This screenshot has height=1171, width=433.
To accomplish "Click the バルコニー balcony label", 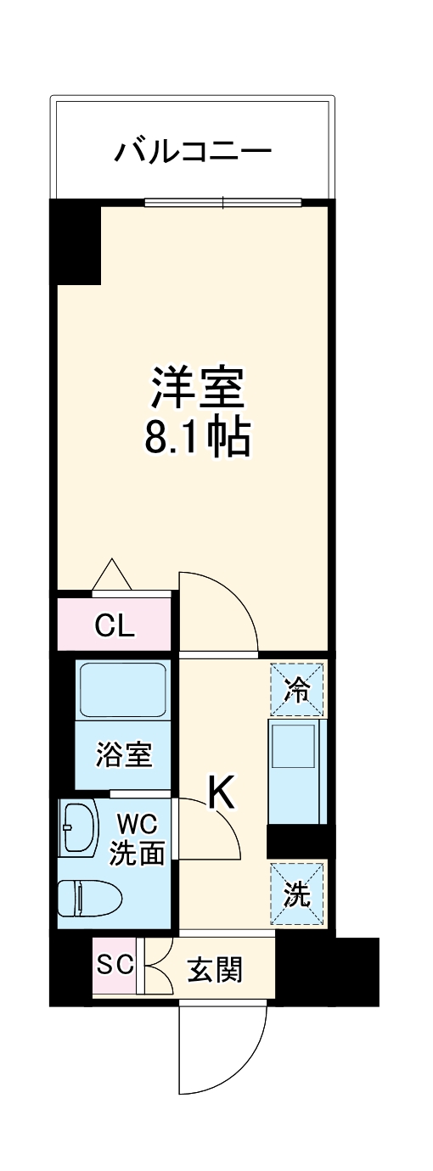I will [194, 153].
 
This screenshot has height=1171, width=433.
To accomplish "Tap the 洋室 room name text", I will [199, 389].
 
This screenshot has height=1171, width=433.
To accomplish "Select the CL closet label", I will [115, 626].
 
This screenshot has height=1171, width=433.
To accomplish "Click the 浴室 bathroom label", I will [125, 754].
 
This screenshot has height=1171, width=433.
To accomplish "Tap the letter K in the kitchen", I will [221, 794].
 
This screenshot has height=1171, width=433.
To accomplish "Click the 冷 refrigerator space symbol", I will [296, 690].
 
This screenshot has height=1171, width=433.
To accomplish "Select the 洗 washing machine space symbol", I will [296, 894].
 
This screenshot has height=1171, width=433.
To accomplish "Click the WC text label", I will [137, 823].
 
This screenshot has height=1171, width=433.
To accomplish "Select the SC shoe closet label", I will [115, 965].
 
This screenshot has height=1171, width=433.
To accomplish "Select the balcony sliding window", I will [222, 202].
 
